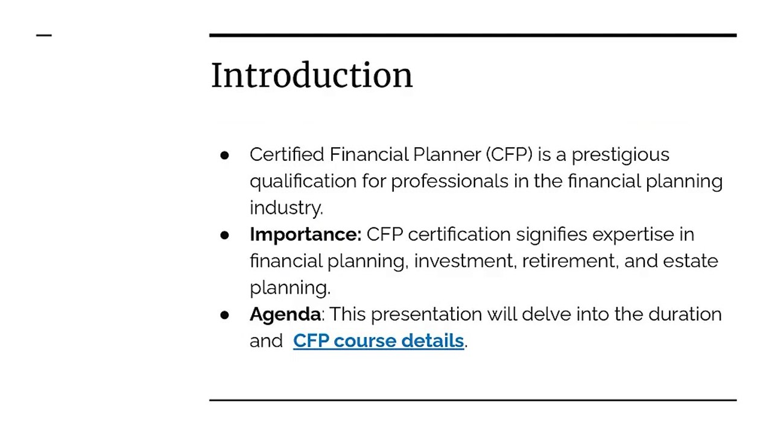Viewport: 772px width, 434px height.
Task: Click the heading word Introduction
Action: tap(311, 75)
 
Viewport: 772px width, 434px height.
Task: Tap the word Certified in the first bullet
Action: tap(287, 154)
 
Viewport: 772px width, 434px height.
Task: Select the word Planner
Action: tap(447, 154)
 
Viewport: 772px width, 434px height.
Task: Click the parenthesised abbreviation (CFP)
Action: tap(509, 154)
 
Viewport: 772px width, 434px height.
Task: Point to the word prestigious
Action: tap(620, 155)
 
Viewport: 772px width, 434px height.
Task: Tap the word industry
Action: tap(286, 208)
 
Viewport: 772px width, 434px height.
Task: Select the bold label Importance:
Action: tap(305, 234)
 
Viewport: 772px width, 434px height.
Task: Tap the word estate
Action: tap(691, 261)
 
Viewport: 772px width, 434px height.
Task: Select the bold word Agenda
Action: tap(285, 314)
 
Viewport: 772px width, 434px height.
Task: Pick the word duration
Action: tap(685, 314)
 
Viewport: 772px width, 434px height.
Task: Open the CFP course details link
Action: tap(378, 341)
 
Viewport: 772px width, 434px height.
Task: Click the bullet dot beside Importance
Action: tap(225, 234)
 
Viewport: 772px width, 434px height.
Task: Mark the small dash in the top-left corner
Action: tap(44, 36)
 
